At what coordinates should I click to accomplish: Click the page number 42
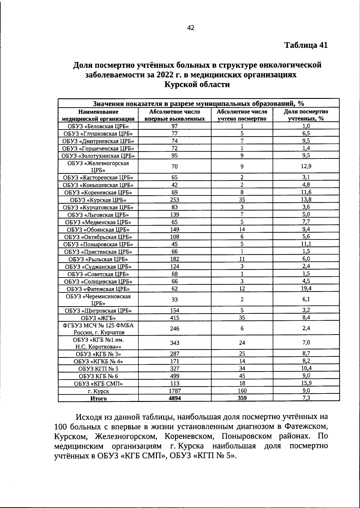[x=191, y=28]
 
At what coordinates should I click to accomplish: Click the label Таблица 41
[x=306, y=45]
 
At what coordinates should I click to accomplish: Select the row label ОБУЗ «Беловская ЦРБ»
[x=98, y=126]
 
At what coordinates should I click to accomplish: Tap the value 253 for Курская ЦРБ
[x=175, y=200]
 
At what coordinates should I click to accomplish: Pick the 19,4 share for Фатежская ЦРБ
[x=306, y=288]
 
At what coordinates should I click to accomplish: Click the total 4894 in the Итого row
[x=175, y=398]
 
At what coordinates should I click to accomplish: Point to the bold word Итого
[x=98, y=399]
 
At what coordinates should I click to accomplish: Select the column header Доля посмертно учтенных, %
[x=306, y=115]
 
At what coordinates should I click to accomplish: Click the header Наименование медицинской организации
[x=98, y=115]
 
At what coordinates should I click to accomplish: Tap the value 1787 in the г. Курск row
[x=175, y=391]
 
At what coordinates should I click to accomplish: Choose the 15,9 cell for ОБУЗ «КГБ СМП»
[x=306, y=383]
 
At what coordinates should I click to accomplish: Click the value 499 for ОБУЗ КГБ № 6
[x=175, y=376]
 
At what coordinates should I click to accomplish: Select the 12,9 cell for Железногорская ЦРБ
[x=306, y=167]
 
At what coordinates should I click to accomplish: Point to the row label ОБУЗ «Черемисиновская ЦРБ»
[x=98, y=299]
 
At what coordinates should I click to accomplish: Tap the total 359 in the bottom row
[x=242, y=398]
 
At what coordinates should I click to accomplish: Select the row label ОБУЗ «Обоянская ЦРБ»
[x=98, y=230]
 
